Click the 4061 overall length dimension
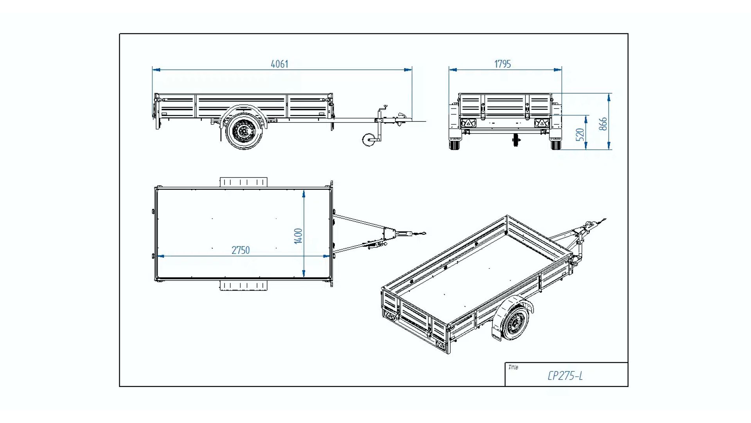tap(279, 64)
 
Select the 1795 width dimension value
tap(502, 64)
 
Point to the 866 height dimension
tap(603, 124)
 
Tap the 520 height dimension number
tap(580, 134)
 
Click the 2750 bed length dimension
tap(240, 250)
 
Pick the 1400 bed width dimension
tap(298, 236)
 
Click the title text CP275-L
tap(565, 376)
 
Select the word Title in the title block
tap(513, 367)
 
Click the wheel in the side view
tap(244, 131)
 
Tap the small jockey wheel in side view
tap(368, 139)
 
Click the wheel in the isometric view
tap(515, 323)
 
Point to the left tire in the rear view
tap(455, 144)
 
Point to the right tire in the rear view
tap(556, 144)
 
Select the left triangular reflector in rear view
tap(468, 123)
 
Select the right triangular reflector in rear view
tap(542, 123)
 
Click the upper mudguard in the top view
tap(243, 182)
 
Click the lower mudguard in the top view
tap(243, 286)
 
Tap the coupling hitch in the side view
tap(401, 118)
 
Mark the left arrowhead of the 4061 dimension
tap(156, 70)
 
